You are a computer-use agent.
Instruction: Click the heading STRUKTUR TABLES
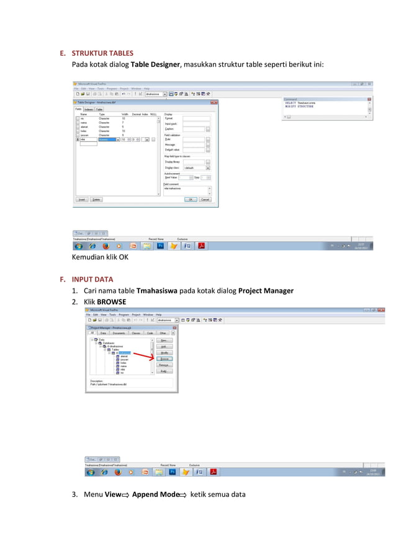102,53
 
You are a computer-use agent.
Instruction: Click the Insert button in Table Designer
81,200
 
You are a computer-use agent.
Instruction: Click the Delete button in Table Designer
96,200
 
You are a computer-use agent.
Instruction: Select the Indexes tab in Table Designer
89,109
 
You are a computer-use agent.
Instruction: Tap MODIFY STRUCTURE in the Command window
299,106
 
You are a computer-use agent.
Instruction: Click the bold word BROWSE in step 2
112,302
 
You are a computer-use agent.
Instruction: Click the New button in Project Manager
164,340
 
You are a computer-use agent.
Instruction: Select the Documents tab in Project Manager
119,333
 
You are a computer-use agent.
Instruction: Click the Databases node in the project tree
108,342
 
